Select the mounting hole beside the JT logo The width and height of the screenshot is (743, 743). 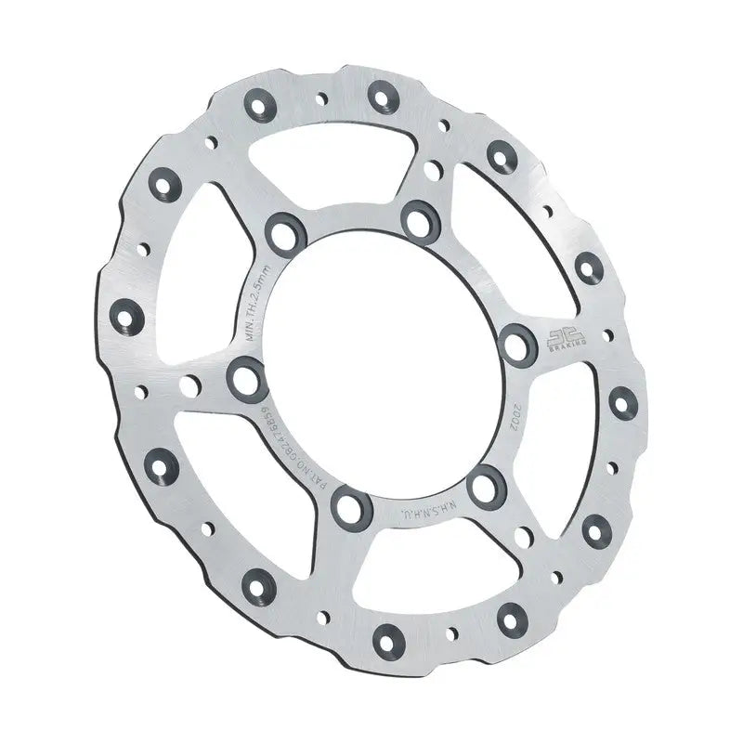pyautogui.click(x=515, y=342)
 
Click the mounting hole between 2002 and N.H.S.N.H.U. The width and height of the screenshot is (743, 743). pyautogui.click(x=485, y=487)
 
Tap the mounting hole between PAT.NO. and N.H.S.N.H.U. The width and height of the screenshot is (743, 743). pyautogui.click(x=351, y=507)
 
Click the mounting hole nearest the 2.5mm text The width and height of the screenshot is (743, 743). pyautogui.click(x=285, y=232)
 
